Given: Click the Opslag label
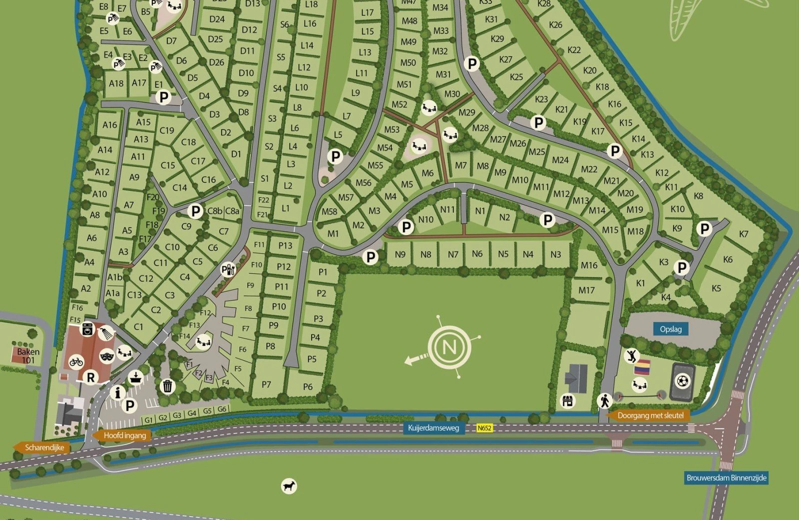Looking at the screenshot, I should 671,329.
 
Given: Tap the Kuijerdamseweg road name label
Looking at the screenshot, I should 432,428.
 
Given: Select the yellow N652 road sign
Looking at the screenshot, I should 484,428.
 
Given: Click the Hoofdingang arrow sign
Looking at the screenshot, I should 122,435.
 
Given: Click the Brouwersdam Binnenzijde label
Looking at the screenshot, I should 726,477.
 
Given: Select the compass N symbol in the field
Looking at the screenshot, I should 449,346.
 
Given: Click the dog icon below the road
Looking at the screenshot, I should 289,486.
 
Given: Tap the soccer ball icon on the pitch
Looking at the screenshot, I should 682,381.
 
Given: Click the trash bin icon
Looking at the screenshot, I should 168,386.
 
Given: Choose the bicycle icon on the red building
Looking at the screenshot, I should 76,361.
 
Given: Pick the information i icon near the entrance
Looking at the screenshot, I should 118,393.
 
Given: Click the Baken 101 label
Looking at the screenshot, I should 28,355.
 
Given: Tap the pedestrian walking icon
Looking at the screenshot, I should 605,400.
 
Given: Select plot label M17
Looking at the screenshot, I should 587,290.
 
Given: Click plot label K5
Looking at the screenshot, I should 717,288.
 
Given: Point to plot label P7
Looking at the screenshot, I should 266,384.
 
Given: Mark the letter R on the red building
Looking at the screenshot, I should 91,377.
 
